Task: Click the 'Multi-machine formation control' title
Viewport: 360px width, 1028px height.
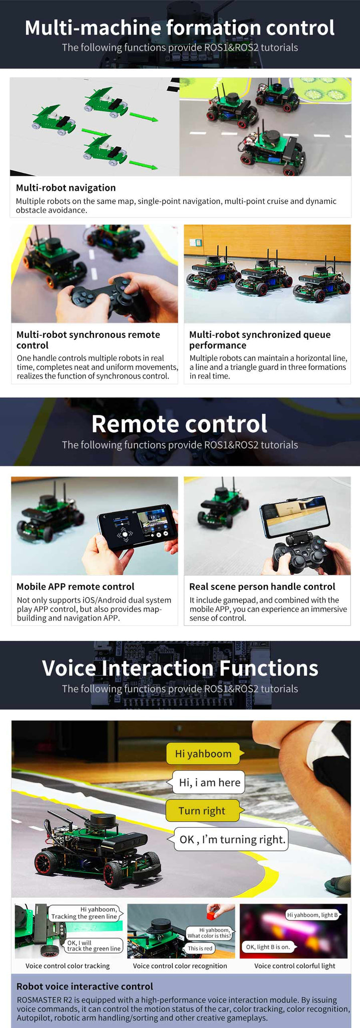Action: (180, 28)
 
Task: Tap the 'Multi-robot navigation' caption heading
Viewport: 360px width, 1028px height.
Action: (66, 188)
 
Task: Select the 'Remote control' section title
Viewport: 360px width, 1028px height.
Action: (179, 424)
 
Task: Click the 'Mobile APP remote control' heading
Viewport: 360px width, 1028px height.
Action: (75, 586)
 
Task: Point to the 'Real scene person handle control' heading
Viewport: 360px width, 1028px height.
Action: (262, 586)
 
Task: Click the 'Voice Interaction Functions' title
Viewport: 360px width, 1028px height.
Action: (180, 668)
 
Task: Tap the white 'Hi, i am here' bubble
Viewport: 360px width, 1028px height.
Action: (209, 782)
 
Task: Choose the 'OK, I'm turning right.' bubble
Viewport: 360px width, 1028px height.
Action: (231, 839)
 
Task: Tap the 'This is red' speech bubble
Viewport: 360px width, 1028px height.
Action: (200, 948)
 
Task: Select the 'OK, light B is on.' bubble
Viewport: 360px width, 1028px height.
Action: (268, 947)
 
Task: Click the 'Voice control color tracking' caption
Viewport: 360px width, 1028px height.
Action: (67, 966)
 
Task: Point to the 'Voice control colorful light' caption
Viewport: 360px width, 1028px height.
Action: (295, 966)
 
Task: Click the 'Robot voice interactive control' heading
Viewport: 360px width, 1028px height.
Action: (85, 986)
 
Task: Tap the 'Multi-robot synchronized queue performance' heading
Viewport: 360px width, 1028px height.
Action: (260, 340)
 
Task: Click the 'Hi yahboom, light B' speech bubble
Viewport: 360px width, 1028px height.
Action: (313, 915)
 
